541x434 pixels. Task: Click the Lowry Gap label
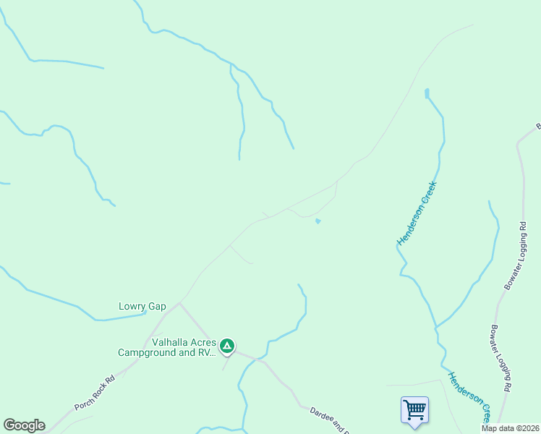click(x=142, y=306)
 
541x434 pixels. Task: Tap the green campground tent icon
click(x=227, y=346)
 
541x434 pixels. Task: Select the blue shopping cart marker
click(x=414, y=409)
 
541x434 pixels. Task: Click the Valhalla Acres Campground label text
click(x=166, y=348)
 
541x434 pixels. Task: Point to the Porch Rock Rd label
click(x=95, y=393)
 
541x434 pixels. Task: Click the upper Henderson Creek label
click(x=417, y=213)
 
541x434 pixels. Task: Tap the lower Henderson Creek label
click(x=469, y=397)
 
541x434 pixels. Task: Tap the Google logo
click(x=24, y=425)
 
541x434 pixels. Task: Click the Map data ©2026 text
click(x=509, y=428)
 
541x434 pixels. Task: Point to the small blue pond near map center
click(x=318, y=221)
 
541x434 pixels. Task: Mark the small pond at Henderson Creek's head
click(x=427, y=93)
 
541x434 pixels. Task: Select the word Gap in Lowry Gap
click(x=157, y=306)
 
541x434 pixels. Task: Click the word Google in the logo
click(x=24, y=425)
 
